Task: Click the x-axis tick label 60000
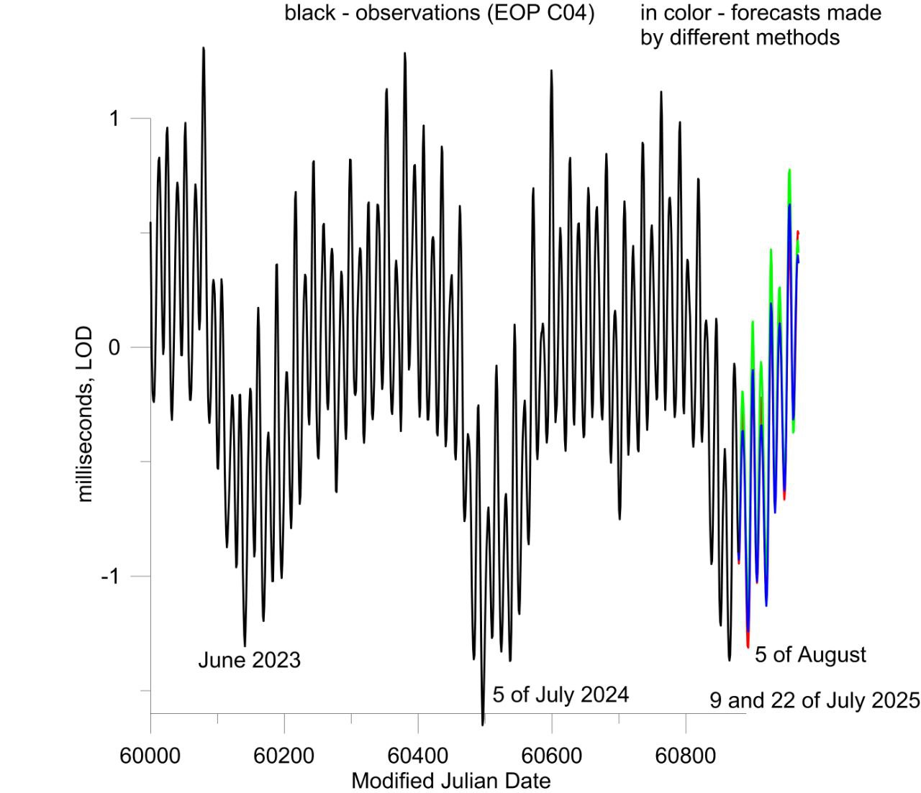(150, 756)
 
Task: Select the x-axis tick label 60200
(283, 756)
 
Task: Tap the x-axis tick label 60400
(417, 756)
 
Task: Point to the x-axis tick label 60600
(551, 756)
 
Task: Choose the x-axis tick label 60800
(685, 756)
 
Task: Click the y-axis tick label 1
(114, 118)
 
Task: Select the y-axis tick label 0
(114, 347)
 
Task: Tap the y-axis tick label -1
(109, 577)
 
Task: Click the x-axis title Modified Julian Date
(451, 780)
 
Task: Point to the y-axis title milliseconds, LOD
(85, 414)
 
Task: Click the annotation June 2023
(249, 660)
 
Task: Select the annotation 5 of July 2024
(561, 695)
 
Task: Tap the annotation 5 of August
(810, 655)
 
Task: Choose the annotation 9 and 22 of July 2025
(815, 700)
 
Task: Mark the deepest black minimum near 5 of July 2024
(482, 723)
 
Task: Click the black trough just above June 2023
(245, 644)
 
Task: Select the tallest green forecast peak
(789, 171)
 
